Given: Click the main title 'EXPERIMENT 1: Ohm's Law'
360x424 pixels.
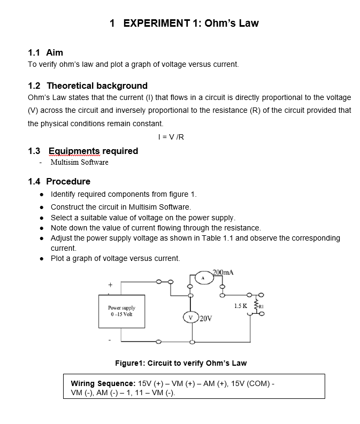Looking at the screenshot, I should (184, 23).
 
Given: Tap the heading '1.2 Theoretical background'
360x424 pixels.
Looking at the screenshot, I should (87, 86).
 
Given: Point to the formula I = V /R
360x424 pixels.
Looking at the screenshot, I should (172, 136).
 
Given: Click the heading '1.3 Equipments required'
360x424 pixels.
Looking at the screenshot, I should (83, 151).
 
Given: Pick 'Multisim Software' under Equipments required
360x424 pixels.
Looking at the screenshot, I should (79, 162).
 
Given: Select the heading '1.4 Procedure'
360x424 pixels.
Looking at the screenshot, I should (59, 181).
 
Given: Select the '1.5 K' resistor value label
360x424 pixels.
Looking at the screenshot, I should (240, 306).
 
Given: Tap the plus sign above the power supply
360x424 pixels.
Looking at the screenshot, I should (111, 285).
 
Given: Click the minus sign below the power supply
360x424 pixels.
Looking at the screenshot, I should (111, 339).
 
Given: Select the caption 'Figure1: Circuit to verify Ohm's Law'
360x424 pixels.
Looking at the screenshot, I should (181, 363).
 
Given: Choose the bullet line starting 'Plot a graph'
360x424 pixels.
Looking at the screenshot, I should (115, 258).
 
